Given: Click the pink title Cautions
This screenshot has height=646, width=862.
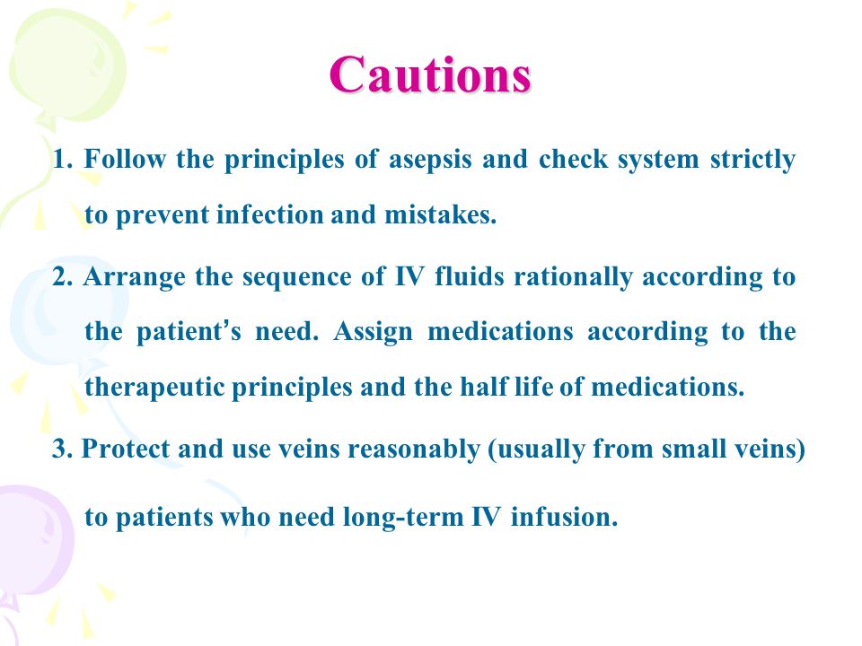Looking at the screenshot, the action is (430, 74).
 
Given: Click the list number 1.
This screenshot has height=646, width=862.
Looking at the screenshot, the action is (63, 160).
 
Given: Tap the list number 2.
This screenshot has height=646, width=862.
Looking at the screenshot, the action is (63, 276).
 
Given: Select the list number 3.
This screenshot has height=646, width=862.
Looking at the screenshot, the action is (62, 449).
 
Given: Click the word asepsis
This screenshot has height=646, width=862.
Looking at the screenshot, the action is (430, 161).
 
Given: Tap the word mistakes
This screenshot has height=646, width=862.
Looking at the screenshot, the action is (440, 214).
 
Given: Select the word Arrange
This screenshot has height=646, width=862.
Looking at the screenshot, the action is (134, 277).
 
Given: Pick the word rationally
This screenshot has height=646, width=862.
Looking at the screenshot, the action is (573, 277).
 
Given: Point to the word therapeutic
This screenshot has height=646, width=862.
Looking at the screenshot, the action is (155, 388).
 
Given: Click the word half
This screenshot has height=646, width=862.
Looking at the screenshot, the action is (484, 386).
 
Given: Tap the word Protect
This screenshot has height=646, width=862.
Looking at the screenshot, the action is (126, 449).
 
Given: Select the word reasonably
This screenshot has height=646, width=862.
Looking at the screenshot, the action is (414, 450).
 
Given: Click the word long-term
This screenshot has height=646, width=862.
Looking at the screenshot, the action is (403, 518).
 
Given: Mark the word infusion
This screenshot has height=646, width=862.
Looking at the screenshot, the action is (564, 517).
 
